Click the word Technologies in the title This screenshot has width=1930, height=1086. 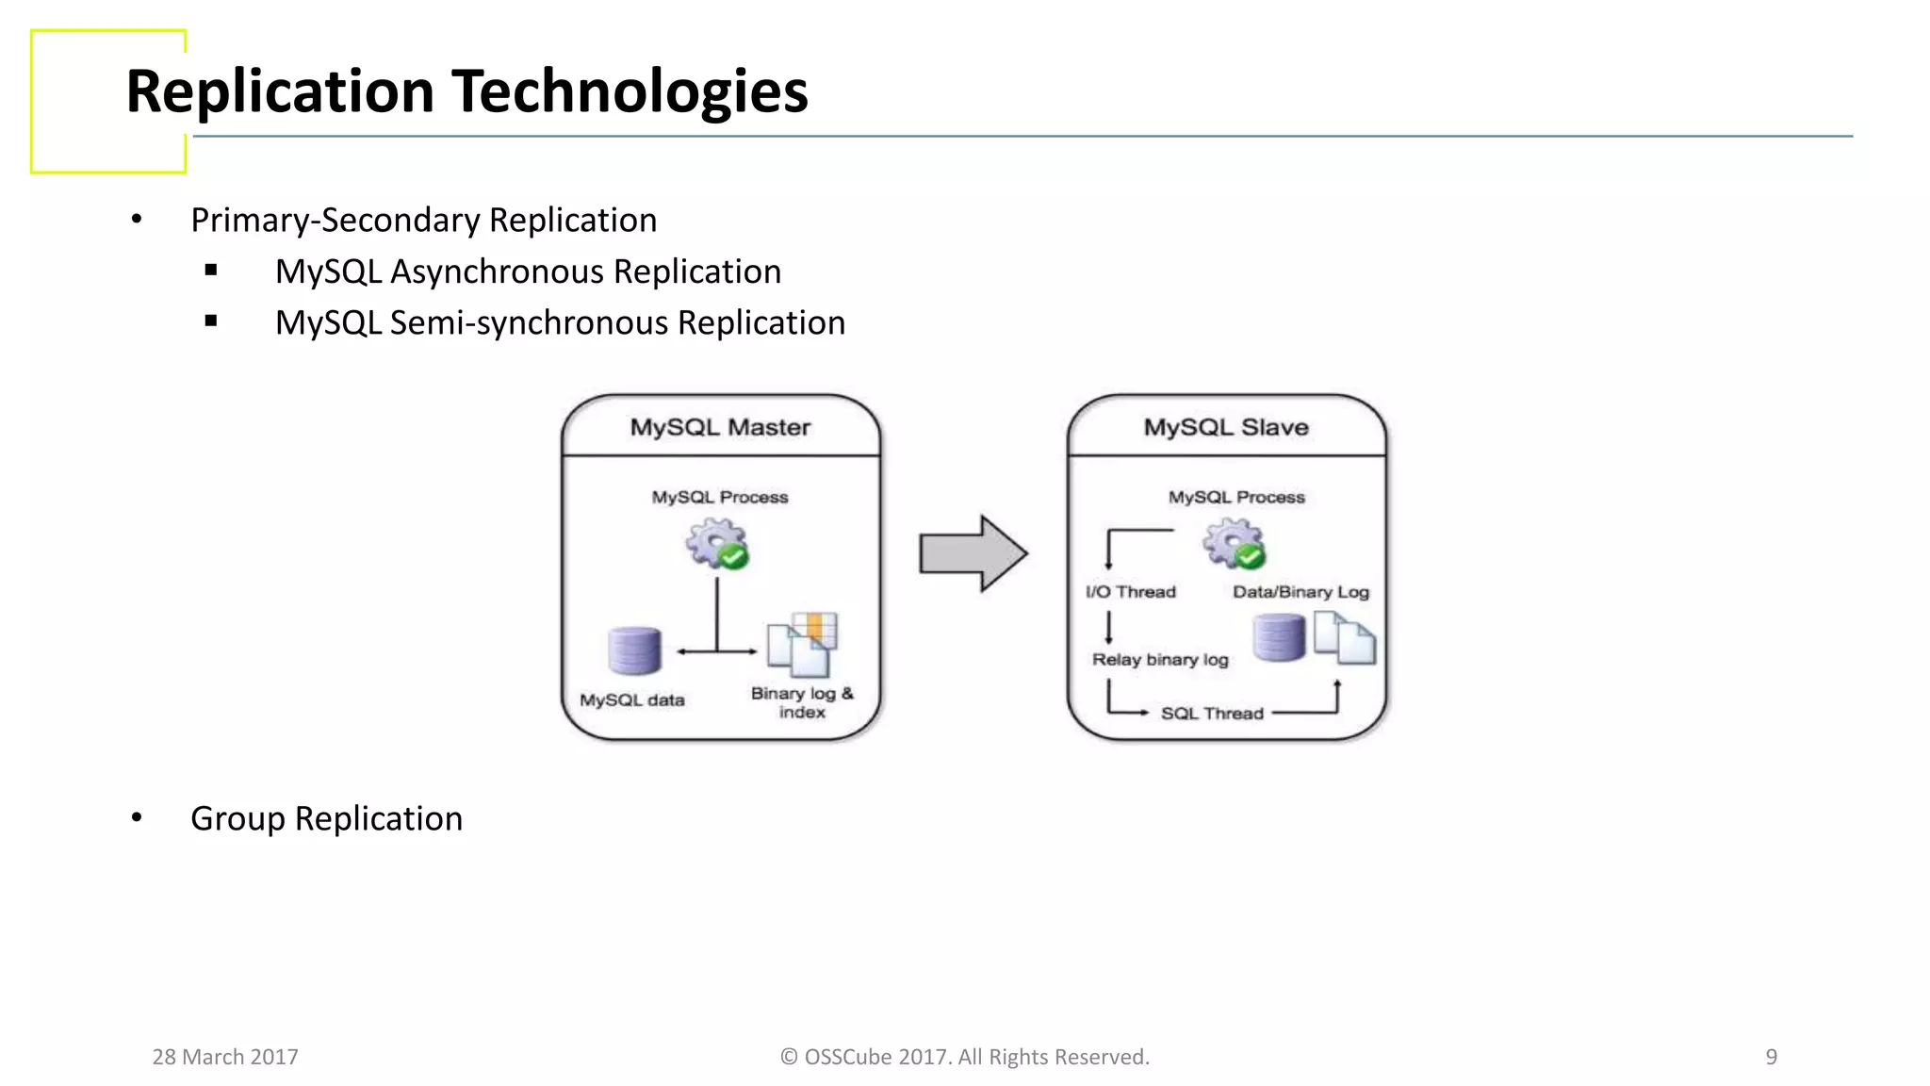pyautogui.click(x=630, y=92)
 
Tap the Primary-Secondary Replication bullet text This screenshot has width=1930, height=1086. pyautogui.click(x=423, y=220)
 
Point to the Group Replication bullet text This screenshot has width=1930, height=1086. pyautogui.click(x=326, y=818)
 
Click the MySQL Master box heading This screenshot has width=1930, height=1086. pyautogui.click(x=720, y=427)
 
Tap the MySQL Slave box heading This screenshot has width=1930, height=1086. pyautogui.click(x=1226, y=427)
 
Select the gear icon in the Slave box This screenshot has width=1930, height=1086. pyautogui.click(x=1234, y=544)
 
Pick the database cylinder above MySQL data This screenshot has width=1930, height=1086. pyautogui.click(x=634, y=650)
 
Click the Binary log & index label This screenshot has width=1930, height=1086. pyautogui.click(x=802, y=702)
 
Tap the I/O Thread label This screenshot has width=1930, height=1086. pyautogui.click(x=1131, y=592)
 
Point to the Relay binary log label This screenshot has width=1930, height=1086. pyautogui.click(x=1160, y=660)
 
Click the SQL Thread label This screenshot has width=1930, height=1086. pyautogui.click(x=1212, y=714)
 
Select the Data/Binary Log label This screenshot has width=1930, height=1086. pyautogui.click(x=1300, y=592)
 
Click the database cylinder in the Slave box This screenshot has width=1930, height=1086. pyautogui.click(x=1279, y=637)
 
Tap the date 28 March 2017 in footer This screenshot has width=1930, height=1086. pyautogui.click(x=225, y=1057)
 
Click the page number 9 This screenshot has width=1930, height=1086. pyautogui.click(x=1771, y=1057)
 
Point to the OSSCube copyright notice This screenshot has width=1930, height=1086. pyautogui.click(x=965, y=1057)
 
